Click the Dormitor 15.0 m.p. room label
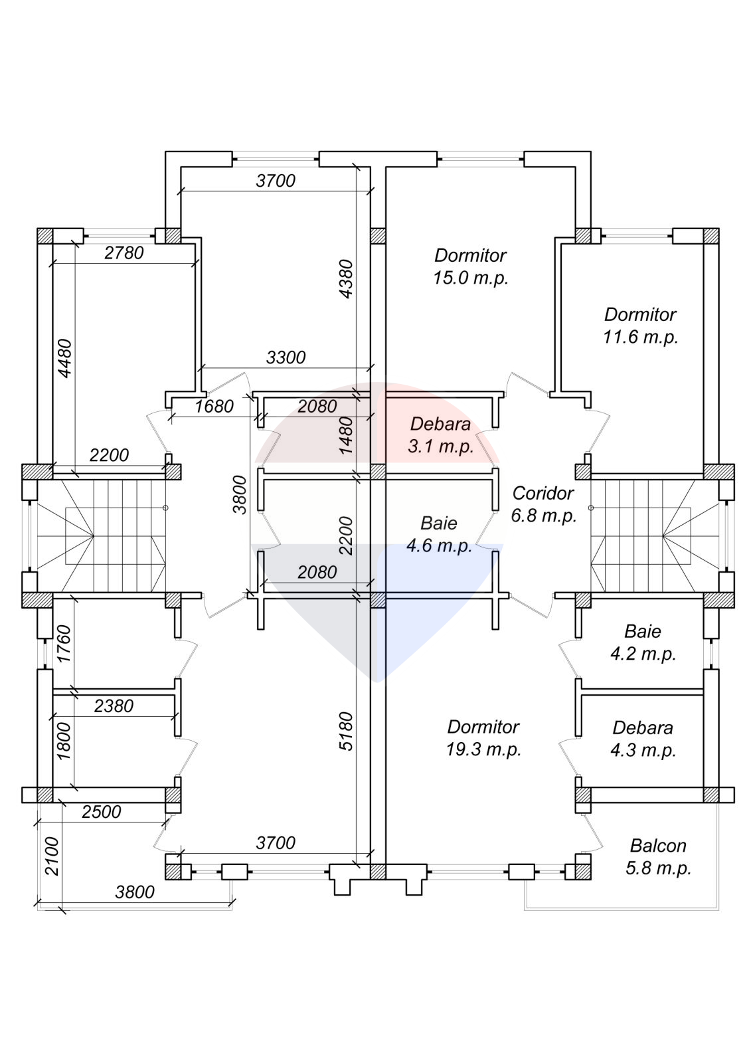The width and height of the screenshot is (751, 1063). coord(470,266)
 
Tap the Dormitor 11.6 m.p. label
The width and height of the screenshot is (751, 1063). coord(640,326)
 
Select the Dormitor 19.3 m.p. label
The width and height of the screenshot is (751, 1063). coord(483,738)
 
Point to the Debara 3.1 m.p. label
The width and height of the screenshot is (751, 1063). coord(440,435)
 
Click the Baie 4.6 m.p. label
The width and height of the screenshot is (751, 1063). coord(439,534)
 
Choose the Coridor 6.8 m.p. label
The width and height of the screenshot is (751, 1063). coord(543,504)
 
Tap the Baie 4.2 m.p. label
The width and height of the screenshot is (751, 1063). coord(643,642)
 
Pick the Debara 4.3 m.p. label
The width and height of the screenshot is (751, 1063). coord(643,739)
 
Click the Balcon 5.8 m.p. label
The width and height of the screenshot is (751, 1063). coord(658,857)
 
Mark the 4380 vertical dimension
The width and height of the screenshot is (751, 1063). coord(346,278)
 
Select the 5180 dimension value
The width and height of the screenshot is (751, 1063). coord(346,731)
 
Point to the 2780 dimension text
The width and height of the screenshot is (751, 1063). coord(124,252)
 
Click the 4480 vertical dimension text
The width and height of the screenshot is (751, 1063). coord(65,358)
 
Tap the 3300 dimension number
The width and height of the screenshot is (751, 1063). coord(286,357)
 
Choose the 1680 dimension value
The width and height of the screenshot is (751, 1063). coord(214,406)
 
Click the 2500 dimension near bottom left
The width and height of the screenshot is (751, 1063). coord(102,812)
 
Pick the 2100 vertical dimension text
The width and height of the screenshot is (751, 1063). coord(52,856)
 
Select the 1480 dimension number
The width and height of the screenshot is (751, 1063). coord(346,436)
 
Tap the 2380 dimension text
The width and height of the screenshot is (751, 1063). coord(114,706)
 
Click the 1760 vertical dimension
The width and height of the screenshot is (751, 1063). coord(64,644)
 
